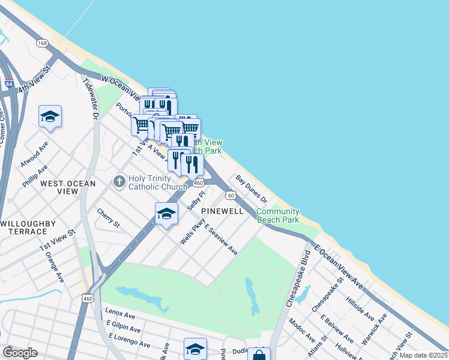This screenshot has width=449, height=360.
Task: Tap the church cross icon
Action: (119, 181)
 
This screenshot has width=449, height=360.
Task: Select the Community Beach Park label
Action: (278, 215)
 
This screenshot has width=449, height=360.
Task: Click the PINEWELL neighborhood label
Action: (222, 211)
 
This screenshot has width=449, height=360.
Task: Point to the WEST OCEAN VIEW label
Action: (68, 187)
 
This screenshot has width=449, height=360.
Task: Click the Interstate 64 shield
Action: (8, 84)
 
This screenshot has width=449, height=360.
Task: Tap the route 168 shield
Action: (42, 43)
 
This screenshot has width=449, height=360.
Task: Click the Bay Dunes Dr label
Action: (252, 188)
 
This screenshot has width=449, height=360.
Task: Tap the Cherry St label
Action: (109, 217)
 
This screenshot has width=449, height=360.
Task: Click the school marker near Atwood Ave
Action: (50, 116)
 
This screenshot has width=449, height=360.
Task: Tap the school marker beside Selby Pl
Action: (166, 214)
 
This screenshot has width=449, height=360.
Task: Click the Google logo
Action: (20, 353)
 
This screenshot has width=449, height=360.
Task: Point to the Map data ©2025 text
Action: (422, 355)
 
